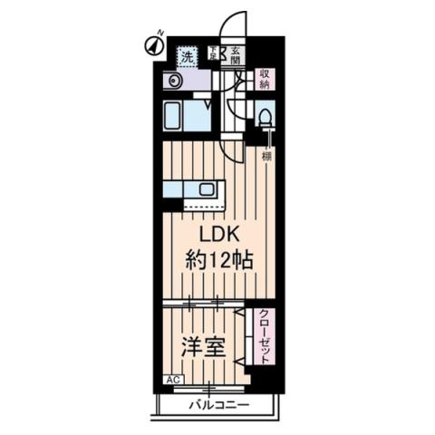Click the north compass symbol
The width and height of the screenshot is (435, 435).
pos(152,43)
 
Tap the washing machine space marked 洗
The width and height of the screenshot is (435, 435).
pos(186,55)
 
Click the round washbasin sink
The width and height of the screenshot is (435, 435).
pos(173,81)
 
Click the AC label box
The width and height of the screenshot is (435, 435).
pos(170,382)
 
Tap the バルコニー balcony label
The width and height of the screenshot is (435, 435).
pos(218,404)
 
